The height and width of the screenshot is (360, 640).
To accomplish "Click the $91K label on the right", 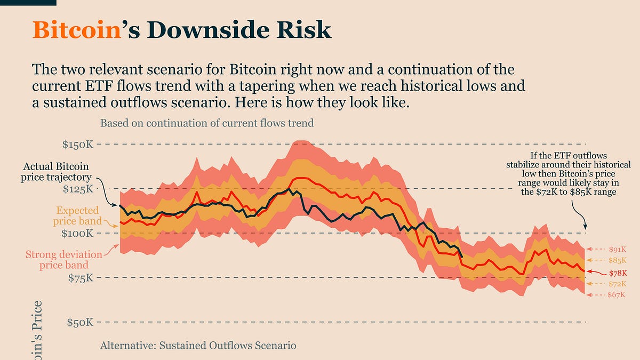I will (617, 249).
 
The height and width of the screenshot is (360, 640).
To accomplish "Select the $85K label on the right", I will (617, 260).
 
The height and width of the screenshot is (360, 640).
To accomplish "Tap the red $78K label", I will (617, 273).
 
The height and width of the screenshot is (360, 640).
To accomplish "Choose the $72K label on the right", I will (617, 284).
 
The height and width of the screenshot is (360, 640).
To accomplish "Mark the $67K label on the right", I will (617, 294).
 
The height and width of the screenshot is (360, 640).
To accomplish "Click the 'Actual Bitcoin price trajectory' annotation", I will (55, 172).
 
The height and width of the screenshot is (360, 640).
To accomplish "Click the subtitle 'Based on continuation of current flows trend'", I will (207, 123).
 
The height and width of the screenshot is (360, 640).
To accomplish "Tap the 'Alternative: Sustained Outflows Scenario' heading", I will (198, 346).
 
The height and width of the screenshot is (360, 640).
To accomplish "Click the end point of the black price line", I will (462, 257).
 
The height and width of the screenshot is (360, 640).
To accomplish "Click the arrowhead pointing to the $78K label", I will (588, 271).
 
